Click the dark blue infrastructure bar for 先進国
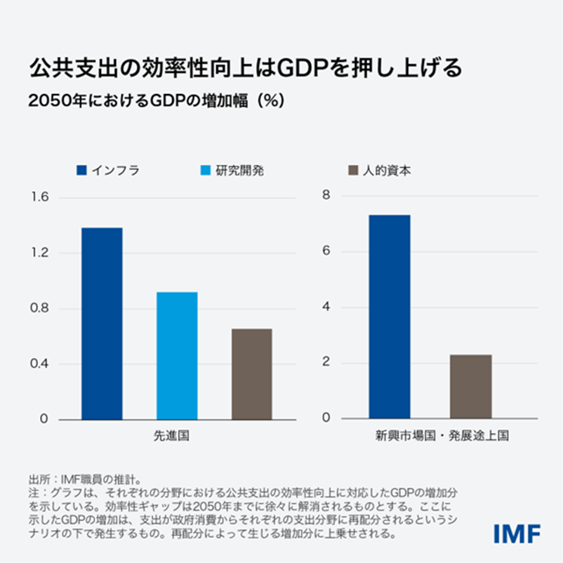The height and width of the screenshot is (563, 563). point(102,324)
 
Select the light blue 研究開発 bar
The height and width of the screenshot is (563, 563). point(177,356)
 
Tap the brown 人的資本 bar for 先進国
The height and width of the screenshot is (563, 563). point(252,374)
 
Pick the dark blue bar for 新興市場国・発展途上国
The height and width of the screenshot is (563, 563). point(389,317)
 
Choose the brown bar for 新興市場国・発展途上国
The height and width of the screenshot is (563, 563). point(471,387)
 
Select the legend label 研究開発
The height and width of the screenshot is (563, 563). point(240,170)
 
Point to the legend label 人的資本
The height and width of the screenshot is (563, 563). point(388,170)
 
